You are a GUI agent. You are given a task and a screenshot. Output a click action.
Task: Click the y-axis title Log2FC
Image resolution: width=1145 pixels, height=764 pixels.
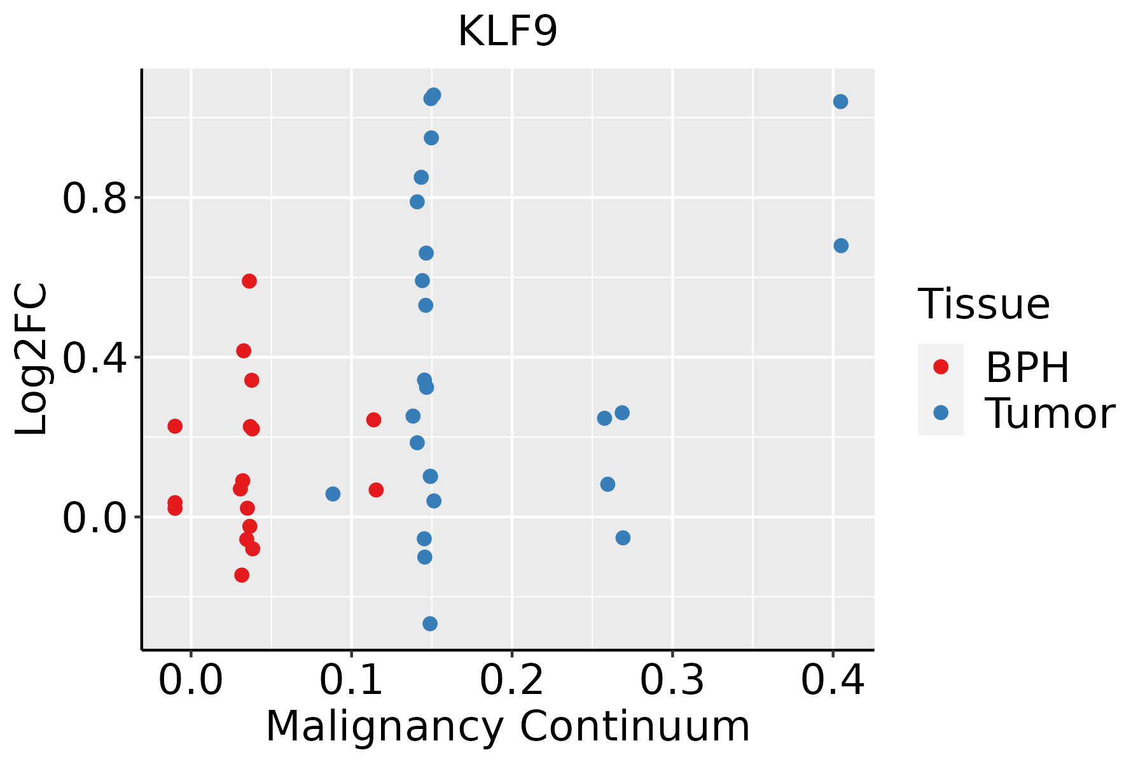[32, 359]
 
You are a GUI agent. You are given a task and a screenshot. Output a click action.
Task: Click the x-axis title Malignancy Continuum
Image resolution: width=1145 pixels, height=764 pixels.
[507, 726]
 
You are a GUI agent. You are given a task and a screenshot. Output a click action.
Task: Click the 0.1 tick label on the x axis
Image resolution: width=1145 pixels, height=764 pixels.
[351, 681]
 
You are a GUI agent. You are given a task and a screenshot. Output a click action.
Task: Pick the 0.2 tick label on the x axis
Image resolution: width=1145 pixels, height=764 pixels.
[511, 681]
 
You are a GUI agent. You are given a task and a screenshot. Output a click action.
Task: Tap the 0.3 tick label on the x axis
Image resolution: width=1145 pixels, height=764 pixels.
[672, 681]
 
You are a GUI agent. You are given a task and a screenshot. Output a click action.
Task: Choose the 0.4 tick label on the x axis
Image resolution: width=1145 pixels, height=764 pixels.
[832, 681]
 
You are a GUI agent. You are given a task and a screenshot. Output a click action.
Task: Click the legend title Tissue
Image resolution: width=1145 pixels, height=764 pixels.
[983, 304]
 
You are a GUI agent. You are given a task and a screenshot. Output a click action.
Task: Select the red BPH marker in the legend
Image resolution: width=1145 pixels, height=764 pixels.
[940, 367]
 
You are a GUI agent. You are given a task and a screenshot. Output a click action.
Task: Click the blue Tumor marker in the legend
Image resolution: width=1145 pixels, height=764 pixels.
[940, 413]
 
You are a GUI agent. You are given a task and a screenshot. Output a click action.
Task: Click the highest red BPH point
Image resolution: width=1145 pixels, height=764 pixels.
[249, 281]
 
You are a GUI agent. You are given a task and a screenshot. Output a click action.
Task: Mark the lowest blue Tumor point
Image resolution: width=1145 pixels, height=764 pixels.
[430, 623]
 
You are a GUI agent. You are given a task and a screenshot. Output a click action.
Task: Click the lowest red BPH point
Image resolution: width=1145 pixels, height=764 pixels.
[242, 575]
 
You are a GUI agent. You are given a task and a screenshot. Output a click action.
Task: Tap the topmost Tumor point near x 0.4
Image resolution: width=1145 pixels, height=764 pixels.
[840, 102]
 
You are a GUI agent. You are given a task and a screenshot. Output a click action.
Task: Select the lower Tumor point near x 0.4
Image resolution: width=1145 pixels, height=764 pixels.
[841, 246]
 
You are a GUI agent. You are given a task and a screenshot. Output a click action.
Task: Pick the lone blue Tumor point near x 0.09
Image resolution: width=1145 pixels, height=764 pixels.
[333, 494]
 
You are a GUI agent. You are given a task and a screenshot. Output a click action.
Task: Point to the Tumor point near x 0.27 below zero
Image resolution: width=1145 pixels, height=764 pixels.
[623, 538]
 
